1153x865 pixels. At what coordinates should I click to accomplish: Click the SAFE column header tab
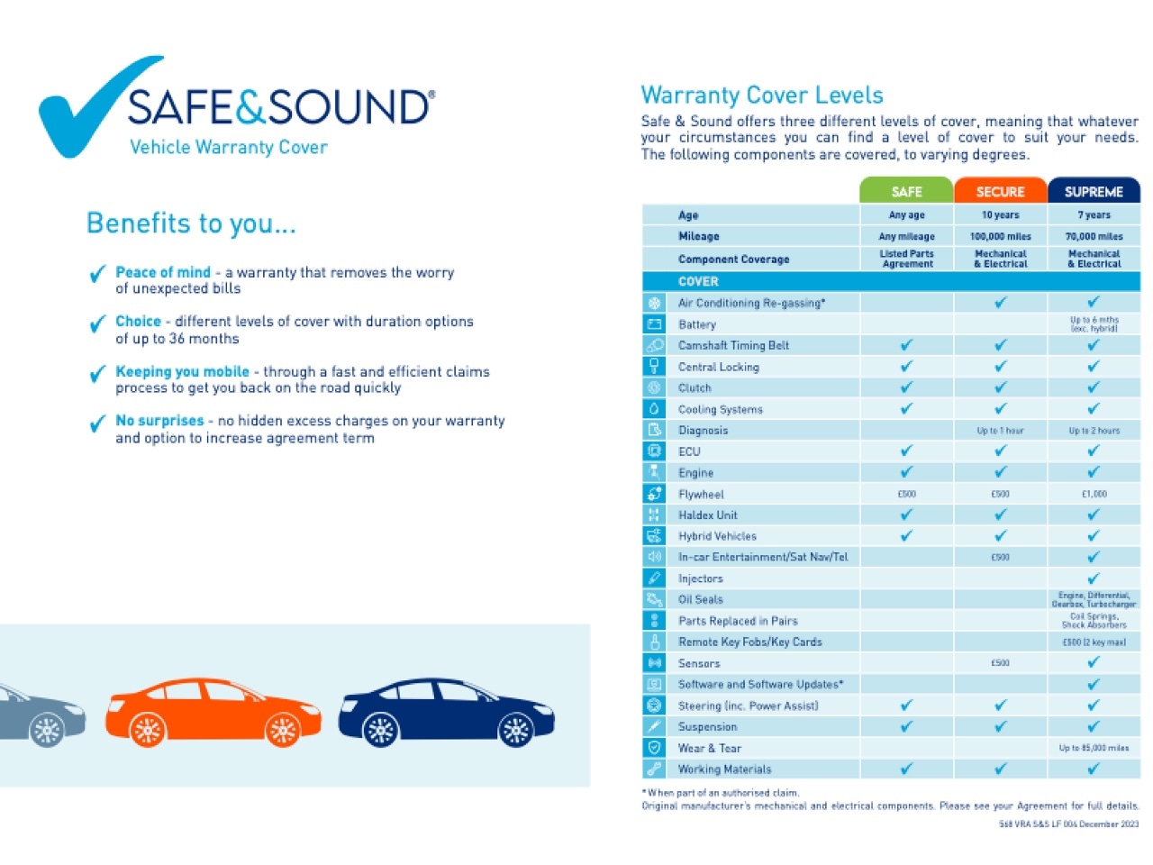click(x=906, y=191)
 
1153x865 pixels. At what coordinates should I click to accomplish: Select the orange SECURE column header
click(x=1000, y=191)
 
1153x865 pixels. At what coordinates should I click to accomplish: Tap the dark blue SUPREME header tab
click(x=1094, y=191)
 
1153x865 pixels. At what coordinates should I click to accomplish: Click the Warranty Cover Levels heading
click(x=761, y=96)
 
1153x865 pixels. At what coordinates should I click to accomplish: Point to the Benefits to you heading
click(x=191, y=223)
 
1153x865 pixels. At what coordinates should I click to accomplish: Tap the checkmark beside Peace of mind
click(x=97, y=274)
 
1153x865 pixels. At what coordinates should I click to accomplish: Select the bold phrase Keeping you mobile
click(x=182, y=371)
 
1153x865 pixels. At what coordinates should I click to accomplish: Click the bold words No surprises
click(x=159, y=421)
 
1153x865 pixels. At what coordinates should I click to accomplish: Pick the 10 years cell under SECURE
click(x=1000, y=215)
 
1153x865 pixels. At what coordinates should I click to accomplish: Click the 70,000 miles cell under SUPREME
click(x=1094, y=236)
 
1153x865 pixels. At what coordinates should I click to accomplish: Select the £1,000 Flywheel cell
click(x=1094, y=494)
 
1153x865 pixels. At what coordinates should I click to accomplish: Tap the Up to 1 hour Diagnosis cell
click(x=1000, y=431)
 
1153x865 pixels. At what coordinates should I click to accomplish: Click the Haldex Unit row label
click(x=707, y=515)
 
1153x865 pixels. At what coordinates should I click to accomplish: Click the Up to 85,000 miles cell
click(x=1094, y=748)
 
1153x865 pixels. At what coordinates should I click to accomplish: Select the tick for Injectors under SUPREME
click(x=1094, y=578)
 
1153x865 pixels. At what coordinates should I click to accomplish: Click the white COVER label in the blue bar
click(x=698, y=281)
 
